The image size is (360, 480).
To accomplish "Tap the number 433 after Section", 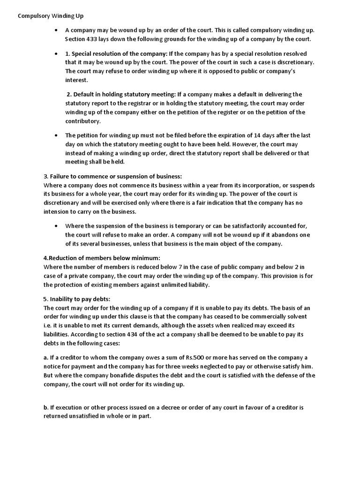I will point(92,39).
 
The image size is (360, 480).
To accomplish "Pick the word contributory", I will point(82,121).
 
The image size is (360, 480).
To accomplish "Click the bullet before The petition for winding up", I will point(56,135).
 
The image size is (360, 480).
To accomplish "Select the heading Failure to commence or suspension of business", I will point(112,176).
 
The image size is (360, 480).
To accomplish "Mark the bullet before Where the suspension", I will point(56,225).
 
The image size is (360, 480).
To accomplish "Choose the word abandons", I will point(273,234).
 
